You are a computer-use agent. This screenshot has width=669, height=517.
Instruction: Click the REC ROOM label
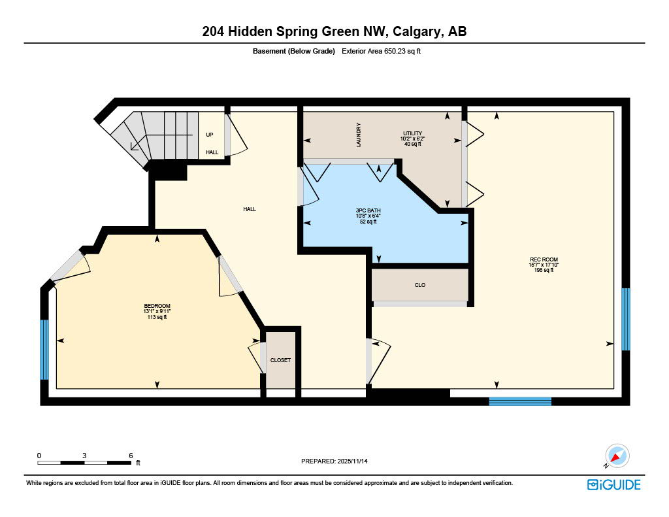point(544,259)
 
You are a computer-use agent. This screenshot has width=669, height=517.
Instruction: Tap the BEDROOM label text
point(157,307)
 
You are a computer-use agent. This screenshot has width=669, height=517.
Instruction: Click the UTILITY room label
point(412,133)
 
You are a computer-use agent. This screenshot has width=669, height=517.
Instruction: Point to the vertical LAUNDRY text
point(359,135)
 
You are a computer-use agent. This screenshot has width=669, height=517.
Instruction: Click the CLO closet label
point(420,285)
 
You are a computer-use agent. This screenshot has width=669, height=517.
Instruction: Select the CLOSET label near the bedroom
point(280,360)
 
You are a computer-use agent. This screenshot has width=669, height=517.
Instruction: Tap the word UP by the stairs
point(210,135)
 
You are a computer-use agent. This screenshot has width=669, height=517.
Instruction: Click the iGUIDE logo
point(613,484)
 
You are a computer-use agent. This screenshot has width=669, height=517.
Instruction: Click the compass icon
point(617,456)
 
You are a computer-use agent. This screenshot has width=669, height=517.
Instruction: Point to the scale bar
point(84,463)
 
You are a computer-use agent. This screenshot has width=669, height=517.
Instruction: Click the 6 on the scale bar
point(131,455)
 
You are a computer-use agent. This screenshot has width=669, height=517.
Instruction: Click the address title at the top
point(334,31)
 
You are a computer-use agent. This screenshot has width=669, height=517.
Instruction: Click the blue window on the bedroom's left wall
point(44,350)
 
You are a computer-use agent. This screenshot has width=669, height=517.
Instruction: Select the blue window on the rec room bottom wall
point(520,401)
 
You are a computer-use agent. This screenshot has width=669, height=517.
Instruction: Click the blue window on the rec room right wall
point(625,319)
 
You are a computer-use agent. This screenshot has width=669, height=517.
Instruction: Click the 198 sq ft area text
point(544,270)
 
